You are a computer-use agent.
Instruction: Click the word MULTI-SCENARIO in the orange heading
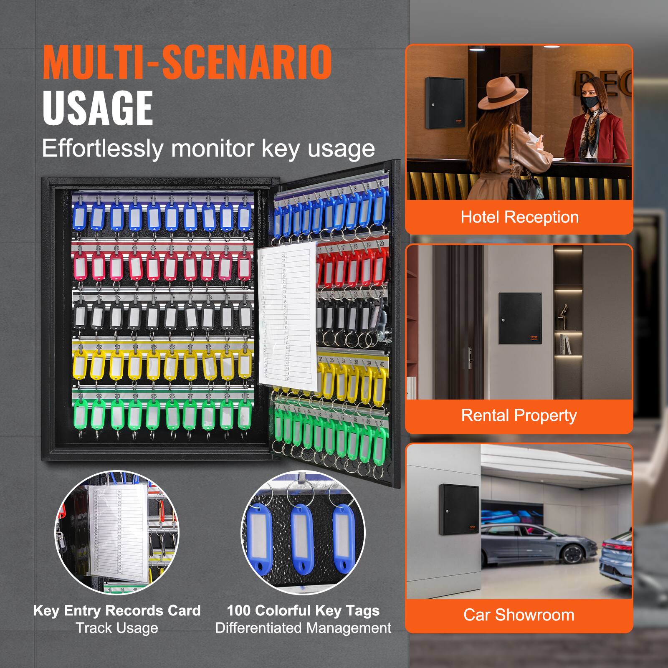pos(187,62)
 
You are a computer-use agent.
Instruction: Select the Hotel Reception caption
pos(519,217)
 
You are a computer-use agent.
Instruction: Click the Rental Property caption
pos(519,415)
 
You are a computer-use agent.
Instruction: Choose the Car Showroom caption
pos(519,615)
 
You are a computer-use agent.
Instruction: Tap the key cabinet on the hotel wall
pos(445,103)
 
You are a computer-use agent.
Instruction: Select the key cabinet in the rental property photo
pos(520,318)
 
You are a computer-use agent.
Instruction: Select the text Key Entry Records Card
pos(117,610)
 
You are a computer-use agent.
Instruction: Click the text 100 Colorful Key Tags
pos(303,610)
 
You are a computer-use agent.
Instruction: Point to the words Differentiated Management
pos(303,628)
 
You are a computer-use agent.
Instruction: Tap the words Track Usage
pos(117,628)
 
